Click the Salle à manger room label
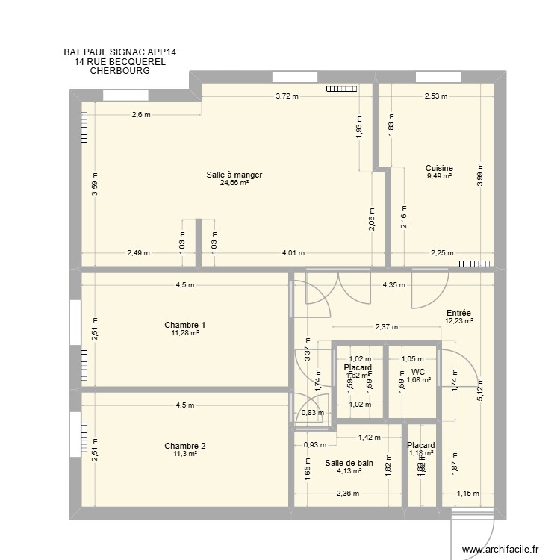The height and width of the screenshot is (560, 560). click(234, 175)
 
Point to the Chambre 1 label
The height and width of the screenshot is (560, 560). click(185, 325)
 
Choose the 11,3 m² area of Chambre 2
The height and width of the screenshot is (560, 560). click(184, 453)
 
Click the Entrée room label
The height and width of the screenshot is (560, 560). click(458, 314)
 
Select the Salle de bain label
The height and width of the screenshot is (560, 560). click(349, 463)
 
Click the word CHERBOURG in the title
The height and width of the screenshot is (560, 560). click(119, 71)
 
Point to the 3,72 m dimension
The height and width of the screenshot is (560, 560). click(287, 96)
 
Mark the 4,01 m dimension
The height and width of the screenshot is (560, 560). click(293, 252)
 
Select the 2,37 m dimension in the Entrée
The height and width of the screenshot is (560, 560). click(386, 326)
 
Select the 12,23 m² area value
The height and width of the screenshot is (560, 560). click(458, 321)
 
